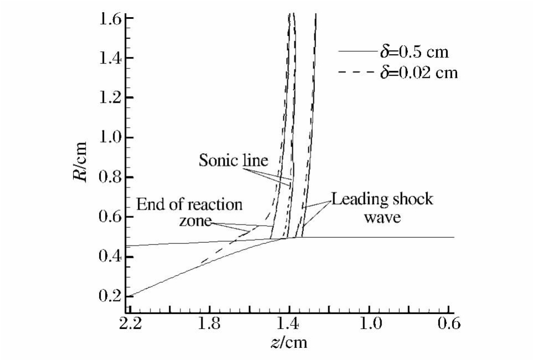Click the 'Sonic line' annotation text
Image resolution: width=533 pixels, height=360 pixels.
pos(233,160)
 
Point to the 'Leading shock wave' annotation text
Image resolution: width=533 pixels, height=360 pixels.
pos(381,207)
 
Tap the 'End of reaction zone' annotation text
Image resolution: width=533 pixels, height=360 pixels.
pos(189,212)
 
